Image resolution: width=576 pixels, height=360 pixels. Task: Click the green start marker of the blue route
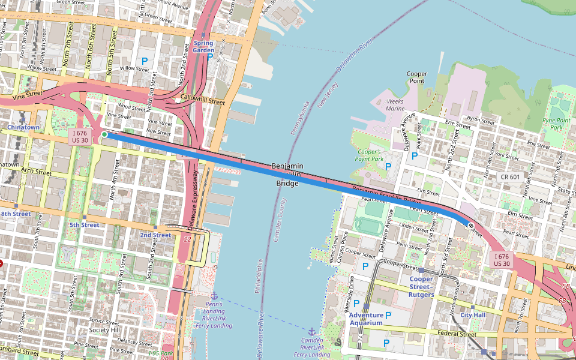104,135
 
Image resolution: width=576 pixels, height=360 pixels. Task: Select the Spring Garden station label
203,47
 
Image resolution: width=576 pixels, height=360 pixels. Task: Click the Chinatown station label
23,127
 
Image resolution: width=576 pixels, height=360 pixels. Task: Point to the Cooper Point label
417,77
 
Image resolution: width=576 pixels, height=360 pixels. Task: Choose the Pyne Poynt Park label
556,124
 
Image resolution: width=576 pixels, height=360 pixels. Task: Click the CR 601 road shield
512,176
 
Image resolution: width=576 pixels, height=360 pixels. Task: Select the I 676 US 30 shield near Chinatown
80,136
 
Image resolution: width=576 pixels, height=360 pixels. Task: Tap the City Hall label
472,314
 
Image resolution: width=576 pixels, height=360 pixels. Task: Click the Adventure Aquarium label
366,319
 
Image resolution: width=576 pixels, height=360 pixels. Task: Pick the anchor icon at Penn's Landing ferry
214,295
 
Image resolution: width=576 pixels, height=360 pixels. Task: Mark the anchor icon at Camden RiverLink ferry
311,331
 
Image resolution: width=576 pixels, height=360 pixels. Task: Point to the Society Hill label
104,330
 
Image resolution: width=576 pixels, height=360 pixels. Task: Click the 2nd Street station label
155,235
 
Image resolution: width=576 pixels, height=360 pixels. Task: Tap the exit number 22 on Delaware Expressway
188,239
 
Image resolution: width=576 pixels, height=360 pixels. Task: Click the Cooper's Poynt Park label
369,155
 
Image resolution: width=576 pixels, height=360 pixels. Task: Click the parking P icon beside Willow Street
144,61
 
